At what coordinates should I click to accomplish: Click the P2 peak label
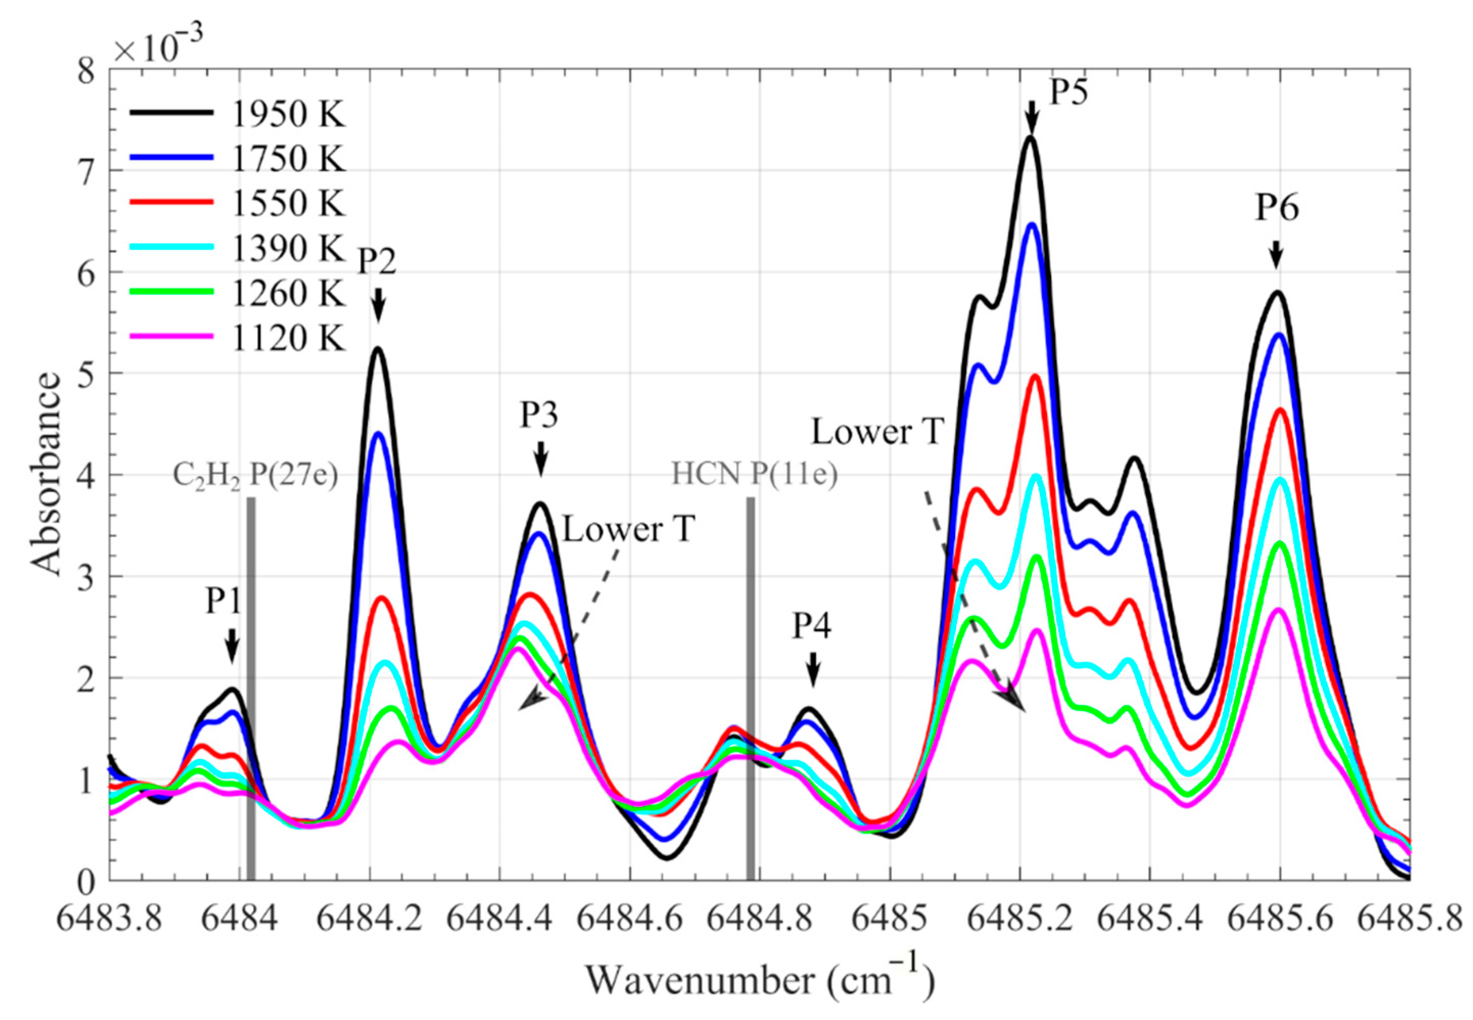point(376,261)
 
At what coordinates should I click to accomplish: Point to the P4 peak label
point(812,626)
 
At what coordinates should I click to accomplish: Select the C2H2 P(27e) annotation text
point(255,476)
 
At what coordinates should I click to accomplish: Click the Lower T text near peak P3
point(628,530)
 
